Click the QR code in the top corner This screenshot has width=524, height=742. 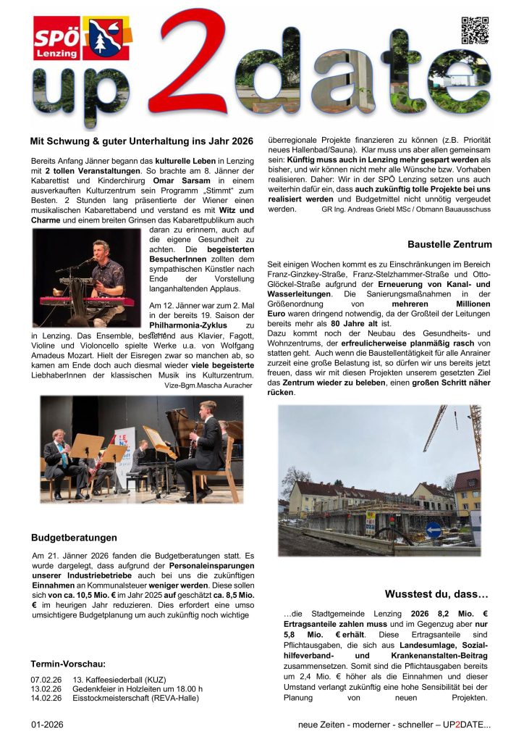476,31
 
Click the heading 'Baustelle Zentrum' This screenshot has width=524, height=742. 449,244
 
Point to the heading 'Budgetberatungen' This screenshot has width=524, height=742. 74,538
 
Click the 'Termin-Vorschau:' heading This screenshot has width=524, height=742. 68,663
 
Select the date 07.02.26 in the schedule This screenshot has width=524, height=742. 46,679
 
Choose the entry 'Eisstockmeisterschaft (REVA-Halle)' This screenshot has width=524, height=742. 135,698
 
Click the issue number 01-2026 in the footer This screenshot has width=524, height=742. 46,725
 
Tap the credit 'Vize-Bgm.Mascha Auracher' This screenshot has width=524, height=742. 208,385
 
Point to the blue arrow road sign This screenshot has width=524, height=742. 434,530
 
